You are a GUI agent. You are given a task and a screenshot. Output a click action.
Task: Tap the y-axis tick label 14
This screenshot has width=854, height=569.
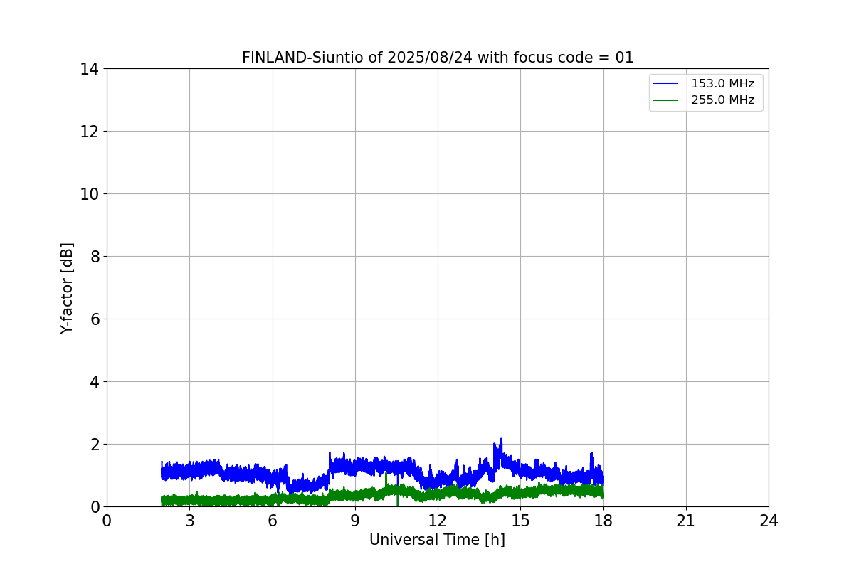[x=90, y=69]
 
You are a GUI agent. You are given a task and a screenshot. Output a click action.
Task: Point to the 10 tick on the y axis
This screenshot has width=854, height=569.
[x=90, y=194]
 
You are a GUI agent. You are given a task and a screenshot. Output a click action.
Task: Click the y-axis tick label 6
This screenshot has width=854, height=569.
[x=94, y=319]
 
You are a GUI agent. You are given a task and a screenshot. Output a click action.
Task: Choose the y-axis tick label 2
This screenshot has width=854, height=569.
[x=94, y=445]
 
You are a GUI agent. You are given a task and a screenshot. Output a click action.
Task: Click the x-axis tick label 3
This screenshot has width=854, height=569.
[x=189, y=521]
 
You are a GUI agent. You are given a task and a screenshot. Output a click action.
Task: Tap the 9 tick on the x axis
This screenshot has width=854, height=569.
[x=355, y=521]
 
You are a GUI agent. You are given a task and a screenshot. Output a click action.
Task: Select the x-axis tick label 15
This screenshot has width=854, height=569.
[x=520, y=521]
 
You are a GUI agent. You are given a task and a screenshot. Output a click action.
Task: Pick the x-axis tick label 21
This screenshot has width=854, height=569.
[x=686, y=521]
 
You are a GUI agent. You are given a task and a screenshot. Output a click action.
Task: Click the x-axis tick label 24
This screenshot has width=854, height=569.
[x=769, y=521]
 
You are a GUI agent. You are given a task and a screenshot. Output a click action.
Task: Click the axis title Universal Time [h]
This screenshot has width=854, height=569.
[x=437, y=541]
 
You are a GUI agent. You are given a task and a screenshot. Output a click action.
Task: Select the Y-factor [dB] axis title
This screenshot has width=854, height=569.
[x=67, y=288]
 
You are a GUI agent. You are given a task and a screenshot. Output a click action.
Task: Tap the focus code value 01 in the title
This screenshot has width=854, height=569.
[x=624, y=58]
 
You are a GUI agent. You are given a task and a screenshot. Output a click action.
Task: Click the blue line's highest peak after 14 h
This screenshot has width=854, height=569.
[x=501, y=439]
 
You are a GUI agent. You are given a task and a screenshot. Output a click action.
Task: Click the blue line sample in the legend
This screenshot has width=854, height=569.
[x=666, y=84]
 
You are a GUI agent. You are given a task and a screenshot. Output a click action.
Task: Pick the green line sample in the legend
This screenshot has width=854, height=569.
[x=666, y=100]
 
